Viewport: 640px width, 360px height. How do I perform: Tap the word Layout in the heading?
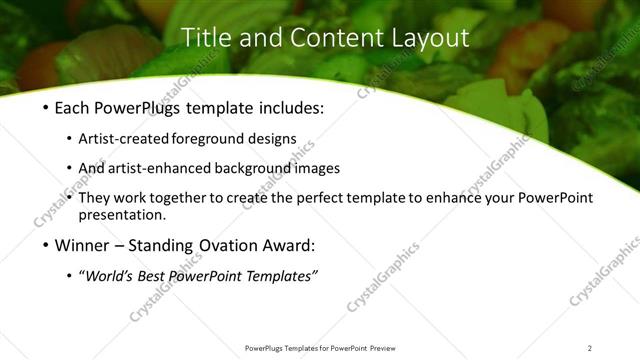pos(424,38)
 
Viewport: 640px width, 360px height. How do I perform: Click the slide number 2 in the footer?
pos(589,348)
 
